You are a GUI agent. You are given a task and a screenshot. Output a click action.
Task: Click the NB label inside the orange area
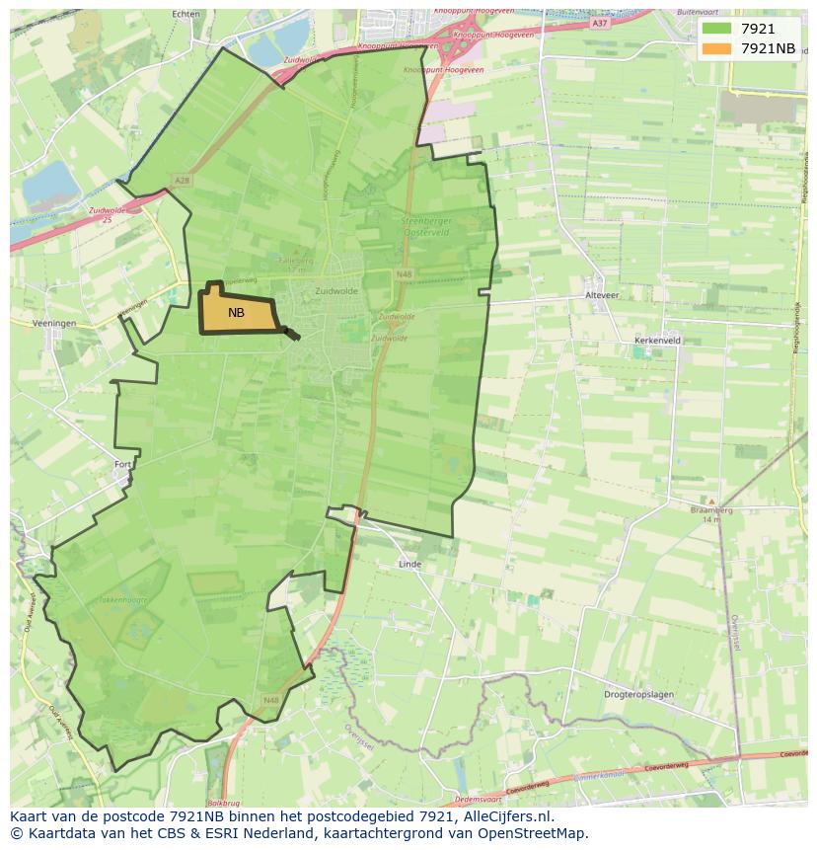pos(236,313)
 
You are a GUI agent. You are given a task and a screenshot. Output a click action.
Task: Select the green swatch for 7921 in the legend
pos(717,29)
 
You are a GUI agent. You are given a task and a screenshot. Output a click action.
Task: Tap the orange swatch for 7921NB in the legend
pos(717,48)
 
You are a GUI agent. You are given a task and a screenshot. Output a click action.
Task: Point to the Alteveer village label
pos(602,295)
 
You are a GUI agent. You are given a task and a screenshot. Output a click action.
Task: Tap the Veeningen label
pos(53,323)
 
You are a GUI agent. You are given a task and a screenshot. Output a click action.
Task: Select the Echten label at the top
pos(186,15)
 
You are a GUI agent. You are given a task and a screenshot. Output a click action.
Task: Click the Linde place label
pos(409,565)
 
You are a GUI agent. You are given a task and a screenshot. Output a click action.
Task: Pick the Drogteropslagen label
pos(638,694)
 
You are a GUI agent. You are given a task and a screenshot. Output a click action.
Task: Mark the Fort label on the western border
pos(122,464)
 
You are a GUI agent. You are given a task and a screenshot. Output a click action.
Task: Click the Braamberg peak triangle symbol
pos(710,502)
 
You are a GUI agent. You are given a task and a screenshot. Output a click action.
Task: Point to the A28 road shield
pos(180,180)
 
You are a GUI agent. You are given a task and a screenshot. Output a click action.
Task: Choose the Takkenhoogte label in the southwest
pos(122,599)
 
